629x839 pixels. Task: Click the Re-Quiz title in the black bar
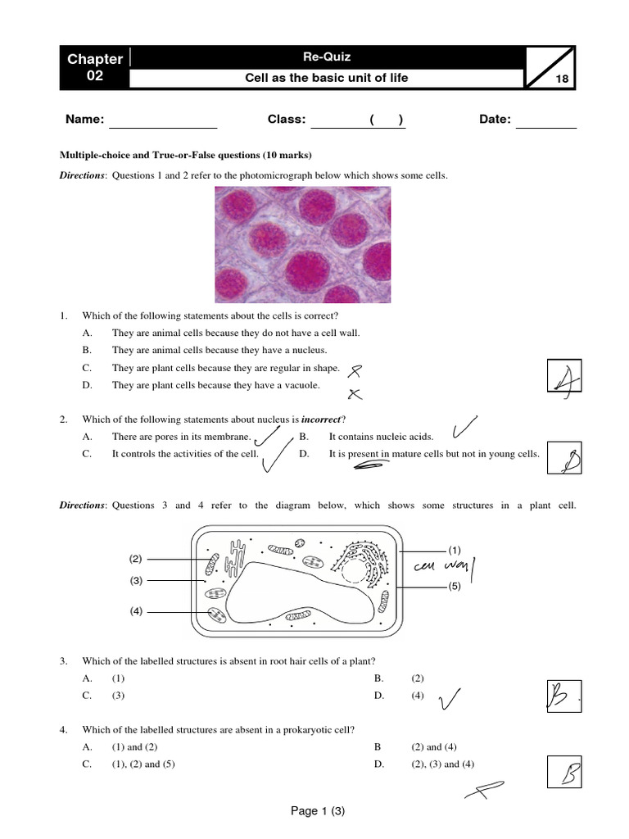point(326,57)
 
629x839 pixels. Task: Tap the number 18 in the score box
point(562,79)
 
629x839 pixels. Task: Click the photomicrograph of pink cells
point(302,244)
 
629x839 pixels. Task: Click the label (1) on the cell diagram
point(455,549)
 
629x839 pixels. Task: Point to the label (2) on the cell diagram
point(136,559)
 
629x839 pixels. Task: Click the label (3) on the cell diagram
point(136,581)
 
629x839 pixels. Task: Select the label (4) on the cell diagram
point(136,610)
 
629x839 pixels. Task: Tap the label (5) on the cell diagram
point(455,587)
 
